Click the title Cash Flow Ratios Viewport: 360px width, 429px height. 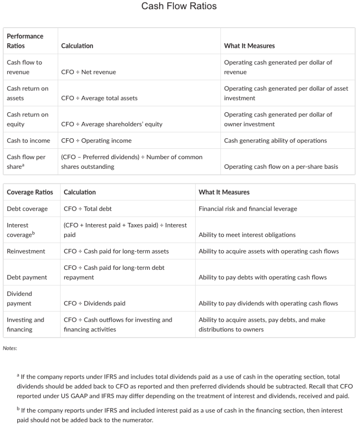[x=179, y=6]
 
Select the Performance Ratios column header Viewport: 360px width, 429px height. [x=25, y=41]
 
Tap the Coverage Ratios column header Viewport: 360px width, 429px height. [x=30, y=192]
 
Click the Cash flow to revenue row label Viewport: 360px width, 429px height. [x=24, y=67]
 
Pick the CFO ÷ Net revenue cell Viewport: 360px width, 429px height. [x=88, y=72]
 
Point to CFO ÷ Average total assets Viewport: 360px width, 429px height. [x=99, y=98]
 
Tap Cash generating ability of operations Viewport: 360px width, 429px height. [x=275, y=141]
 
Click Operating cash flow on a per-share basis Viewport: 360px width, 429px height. [x=281, y=167]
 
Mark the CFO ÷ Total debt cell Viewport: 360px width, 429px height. [x=88, y=209]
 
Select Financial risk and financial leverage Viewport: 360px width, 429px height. [x=248, y=209]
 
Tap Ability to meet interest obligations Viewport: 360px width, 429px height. [x=247, y=235]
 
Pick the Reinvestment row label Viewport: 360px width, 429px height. [x=26, y=251]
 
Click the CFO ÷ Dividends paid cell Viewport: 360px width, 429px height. [x=94, y=303]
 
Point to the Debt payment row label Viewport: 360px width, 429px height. [x=27, y=277]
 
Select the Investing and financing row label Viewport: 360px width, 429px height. [x=25, y=324]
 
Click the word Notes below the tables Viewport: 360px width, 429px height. [x=10, y=348]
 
